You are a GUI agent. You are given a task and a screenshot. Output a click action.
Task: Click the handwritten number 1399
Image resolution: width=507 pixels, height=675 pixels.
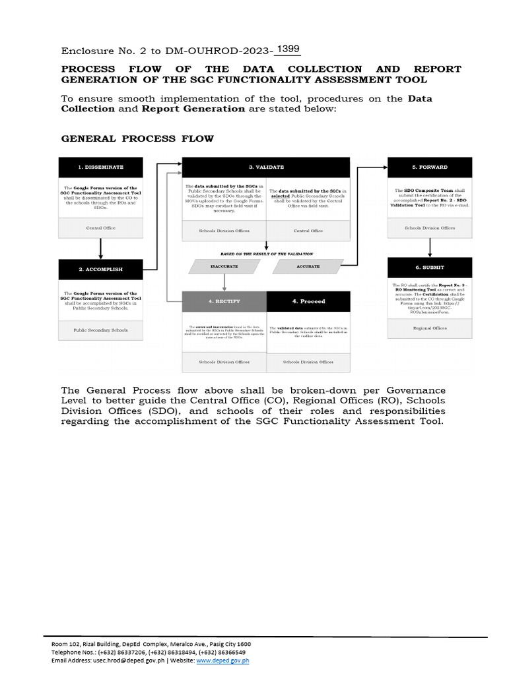point(288,49)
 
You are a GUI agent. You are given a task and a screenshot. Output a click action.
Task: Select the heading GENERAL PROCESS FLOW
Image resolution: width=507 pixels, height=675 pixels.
point(137,138)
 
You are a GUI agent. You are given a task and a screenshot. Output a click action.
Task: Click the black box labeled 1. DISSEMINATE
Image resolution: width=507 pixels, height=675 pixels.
point(100,167)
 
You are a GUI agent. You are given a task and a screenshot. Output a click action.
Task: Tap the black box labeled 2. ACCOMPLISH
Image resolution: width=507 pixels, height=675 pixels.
point(100,269)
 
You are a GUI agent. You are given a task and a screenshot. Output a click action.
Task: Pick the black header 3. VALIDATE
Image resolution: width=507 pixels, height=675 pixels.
point(266,167)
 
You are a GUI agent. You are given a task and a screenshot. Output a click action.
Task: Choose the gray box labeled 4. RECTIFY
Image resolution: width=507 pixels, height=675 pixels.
point(224,301)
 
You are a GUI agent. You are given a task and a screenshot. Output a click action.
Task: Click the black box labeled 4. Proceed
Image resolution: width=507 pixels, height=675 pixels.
point(308,301)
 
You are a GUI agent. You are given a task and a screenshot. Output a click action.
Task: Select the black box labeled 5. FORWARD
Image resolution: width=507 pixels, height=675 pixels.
point(430,167)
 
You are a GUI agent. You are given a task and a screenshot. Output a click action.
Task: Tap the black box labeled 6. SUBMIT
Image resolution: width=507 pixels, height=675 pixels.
point(430,267)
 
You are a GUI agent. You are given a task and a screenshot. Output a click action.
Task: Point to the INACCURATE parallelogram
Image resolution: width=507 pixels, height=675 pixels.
point(224,266)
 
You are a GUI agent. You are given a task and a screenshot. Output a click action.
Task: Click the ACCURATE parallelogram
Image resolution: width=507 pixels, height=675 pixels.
point(308,266)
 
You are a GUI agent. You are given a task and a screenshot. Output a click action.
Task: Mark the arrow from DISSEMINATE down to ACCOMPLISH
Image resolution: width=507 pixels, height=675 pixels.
point(100,249)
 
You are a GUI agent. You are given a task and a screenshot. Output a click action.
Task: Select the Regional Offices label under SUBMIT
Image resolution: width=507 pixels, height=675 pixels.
point(430,328)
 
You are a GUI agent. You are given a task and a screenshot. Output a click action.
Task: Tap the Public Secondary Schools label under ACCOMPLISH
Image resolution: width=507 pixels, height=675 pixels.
point(100,330)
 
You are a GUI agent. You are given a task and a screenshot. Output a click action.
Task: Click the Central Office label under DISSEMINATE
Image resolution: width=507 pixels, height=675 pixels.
point(100,227)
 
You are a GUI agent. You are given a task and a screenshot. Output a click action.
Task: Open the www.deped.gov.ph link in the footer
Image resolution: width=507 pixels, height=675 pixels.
point(222,660)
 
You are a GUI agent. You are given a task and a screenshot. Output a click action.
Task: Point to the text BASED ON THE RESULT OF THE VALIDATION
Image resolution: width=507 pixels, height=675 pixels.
point(266,253)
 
